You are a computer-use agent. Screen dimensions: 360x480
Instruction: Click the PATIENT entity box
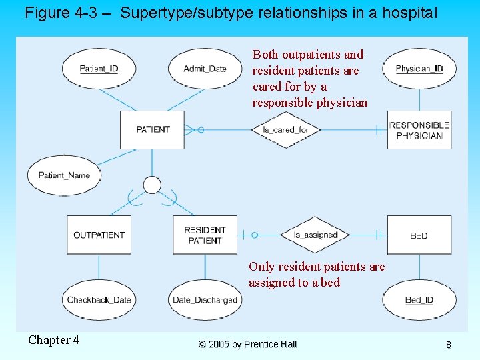(152, 129)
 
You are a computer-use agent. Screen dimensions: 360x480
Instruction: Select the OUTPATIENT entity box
(99, 235)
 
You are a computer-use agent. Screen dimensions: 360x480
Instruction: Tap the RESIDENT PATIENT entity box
(205, 235)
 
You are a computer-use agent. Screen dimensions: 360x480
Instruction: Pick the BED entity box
(419, 235)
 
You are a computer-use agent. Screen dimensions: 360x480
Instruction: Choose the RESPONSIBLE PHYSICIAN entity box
(419, 130)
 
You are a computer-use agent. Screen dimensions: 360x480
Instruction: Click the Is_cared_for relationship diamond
(286, 130)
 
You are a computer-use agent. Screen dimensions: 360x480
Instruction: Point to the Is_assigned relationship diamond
(315, 235)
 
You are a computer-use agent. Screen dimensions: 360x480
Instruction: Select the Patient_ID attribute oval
(99, 69)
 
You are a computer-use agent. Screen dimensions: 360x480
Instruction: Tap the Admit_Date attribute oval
(205, 69)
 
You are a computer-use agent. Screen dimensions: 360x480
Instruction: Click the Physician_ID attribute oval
(419, 69)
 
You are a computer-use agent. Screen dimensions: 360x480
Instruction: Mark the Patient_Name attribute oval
(64, 175)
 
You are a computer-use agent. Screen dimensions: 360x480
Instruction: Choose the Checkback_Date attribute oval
(99, 300)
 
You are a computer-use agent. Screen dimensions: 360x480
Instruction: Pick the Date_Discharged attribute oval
(205, 300)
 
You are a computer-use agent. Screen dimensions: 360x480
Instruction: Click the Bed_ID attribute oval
(419, 300)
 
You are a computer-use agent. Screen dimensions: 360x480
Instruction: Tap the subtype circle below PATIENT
(152, 185)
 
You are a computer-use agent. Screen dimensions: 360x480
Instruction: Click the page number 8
(448, 345)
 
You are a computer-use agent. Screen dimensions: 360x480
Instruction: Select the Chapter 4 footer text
(53, 340)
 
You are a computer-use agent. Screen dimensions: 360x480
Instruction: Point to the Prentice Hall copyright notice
(247, 344)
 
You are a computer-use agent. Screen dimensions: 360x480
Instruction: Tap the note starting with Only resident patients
(317, 274)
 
